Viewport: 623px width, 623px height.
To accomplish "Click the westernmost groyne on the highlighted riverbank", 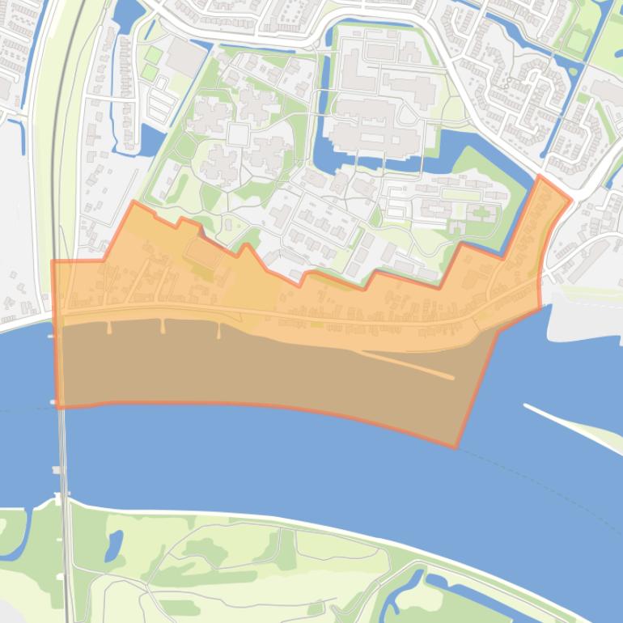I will coord(109,327).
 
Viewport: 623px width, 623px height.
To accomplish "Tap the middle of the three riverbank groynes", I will coord(163,327).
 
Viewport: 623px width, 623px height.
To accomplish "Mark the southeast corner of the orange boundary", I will coord(456,446).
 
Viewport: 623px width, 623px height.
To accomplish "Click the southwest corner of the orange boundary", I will coord(57,406).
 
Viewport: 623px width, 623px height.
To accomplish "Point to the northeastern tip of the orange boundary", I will coord(540,176).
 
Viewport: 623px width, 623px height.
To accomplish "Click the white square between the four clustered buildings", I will coord(236,134).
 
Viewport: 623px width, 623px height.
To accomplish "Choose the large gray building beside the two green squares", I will coord(187,57).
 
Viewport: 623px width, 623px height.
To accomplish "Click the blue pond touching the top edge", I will coord(128,11).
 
